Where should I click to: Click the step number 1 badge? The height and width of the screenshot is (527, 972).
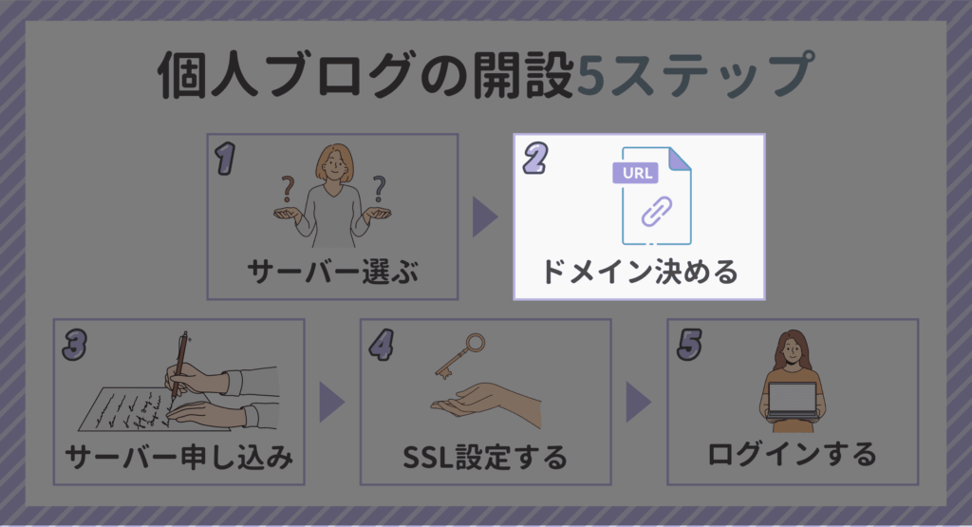[x=226, y=159]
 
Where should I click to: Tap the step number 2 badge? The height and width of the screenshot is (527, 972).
[x=535, y=158]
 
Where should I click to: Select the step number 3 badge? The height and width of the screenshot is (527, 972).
[x=74, y=345]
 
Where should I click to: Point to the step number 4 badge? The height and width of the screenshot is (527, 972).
[x=382, y=345]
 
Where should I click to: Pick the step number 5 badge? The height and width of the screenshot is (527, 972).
[x=689, y=345]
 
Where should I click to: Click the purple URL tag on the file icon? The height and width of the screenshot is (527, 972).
[x=635, y=173]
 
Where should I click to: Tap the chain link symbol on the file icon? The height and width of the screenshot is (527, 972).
[x=657, y=212]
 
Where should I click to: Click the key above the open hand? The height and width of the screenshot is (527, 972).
[x=460, y=356]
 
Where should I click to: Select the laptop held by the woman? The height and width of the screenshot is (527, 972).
[x=793, y=399]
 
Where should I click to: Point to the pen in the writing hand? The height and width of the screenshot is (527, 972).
[x=179, y=365]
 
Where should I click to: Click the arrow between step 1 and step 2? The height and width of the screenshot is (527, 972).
[x=485, y=217]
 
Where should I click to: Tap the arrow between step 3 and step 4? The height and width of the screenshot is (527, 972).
[x=332, y=403]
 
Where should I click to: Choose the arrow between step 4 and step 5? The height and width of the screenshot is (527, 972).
[x=639, y=403]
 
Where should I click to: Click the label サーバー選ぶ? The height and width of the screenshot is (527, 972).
[x=333, y=273]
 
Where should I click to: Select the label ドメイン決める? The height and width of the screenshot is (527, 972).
[x=640, y=273]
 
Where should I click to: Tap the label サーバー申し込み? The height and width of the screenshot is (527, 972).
[x=179, y=458]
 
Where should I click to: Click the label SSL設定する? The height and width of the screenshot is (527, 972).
[x=485, y=458]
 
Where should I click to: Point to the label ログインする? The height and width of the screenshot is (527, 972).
[x=793, y=455]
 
